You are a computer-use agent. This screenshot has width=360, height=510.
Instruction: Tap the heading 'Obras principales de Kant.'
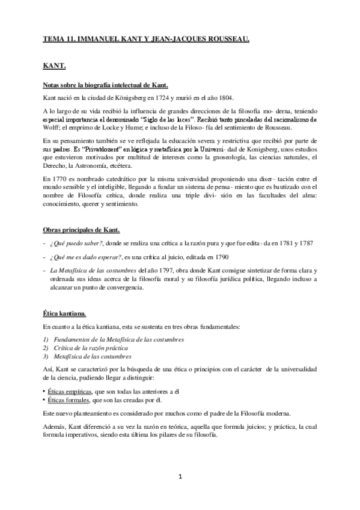tap(81, 230)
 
